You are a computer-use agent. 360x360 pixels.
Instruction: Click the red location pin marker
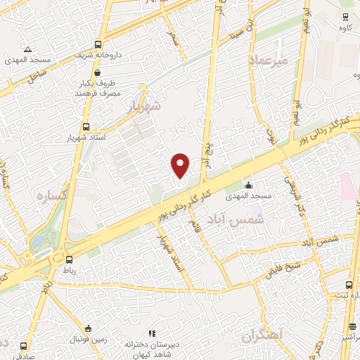(x=181, y=165)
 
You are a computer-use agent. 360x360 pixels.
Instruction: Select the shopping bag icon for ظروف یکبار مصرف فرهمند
(x=96, y=72)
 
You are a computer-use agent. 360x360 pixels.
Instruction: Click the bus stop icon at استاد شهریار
(x=86, y=127)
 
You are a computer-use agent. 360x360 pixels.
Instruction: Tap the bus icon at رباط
(x=68, y=258)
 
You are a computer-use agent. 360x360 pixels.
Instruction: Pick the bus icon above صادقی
(x=25, y=346)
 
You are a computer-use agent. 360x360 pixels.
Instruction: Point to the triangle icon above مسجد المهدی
(x=27, y=49)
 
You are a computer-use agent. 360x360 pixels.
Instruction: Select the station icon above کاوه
(x=346, y=18)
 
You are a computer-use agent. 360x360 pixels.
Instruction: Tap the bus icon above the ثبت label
(x=349, y=285)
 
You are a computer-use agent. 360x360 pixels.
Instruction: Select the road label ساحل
(x=37, y=75)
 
